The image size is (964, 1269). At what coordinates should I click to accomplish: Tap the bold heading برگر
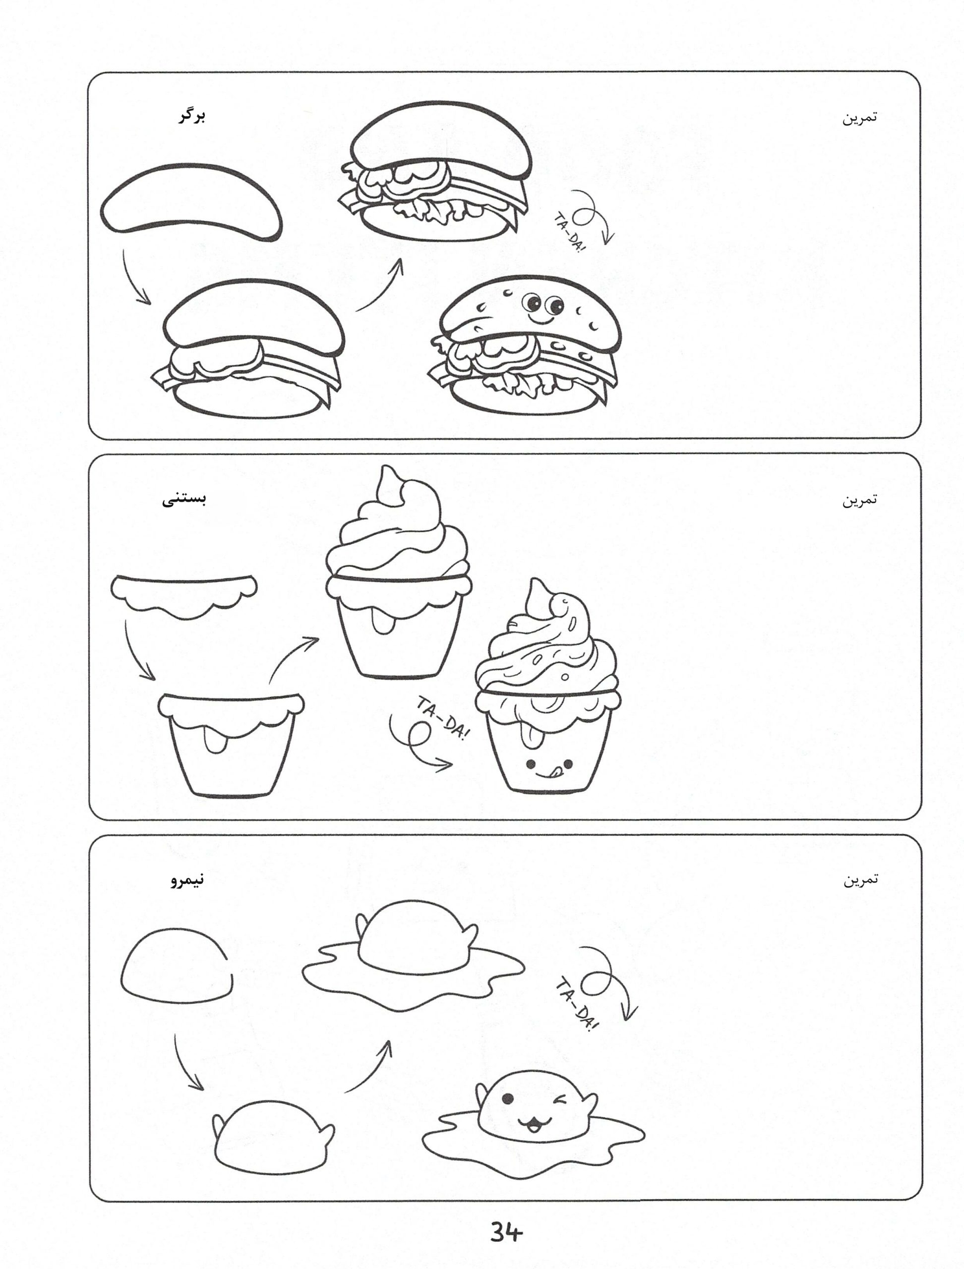(x=191, y=116)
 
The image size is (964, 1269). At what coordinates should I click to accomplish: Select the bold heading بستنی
(x=183, y=499)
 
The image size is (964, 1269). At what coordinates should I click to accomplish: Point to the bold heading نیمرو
(x=187, y=880)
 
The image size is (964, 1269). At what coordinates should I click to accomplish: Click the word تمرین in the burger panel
(x=859, y=117)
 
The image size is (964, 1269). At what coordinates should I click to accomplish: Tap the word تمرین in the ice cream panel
(x=859, y=500)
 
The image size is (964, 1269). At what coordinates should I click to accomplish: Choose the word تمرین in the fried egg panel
(x=860, y=879)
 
